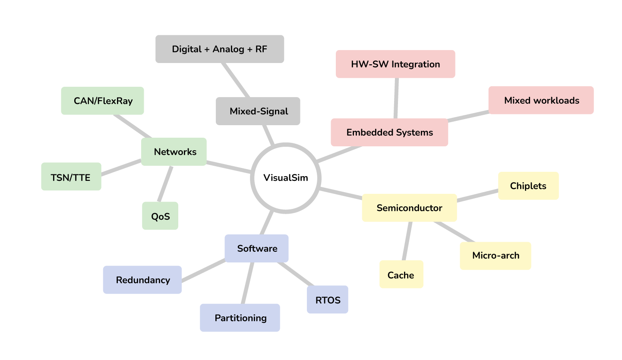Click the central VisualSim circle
tap(285, 178)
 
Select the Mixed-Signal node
tap(258, 111)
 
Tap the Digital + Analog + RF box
tap(220, 49)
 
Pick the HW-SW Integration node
tap(395, 64)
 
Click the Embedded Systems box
tap(389, 133)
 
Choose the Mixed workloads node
tap(541, 101)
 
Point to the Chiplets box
tap(528, 186)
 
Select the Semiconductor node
tap(409, 208)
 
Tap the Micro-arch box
tap(495, 256)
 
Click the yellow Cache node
tap(401, 275)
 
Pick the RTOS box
tap(328, 300)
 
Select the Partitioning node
tap(240, 318)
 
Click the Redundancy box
tap(142, 280)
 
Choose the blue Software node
tap(257, 249)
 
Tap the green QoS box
tap(160, 216)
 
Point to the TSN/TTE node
tap(71, 177)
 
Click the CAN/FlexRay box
tap(103, 101)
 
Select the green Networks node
tap(174, 152)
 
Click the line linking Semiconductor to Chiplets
tap(477, 195)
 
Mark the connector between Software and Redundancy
tap(203, 270)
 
